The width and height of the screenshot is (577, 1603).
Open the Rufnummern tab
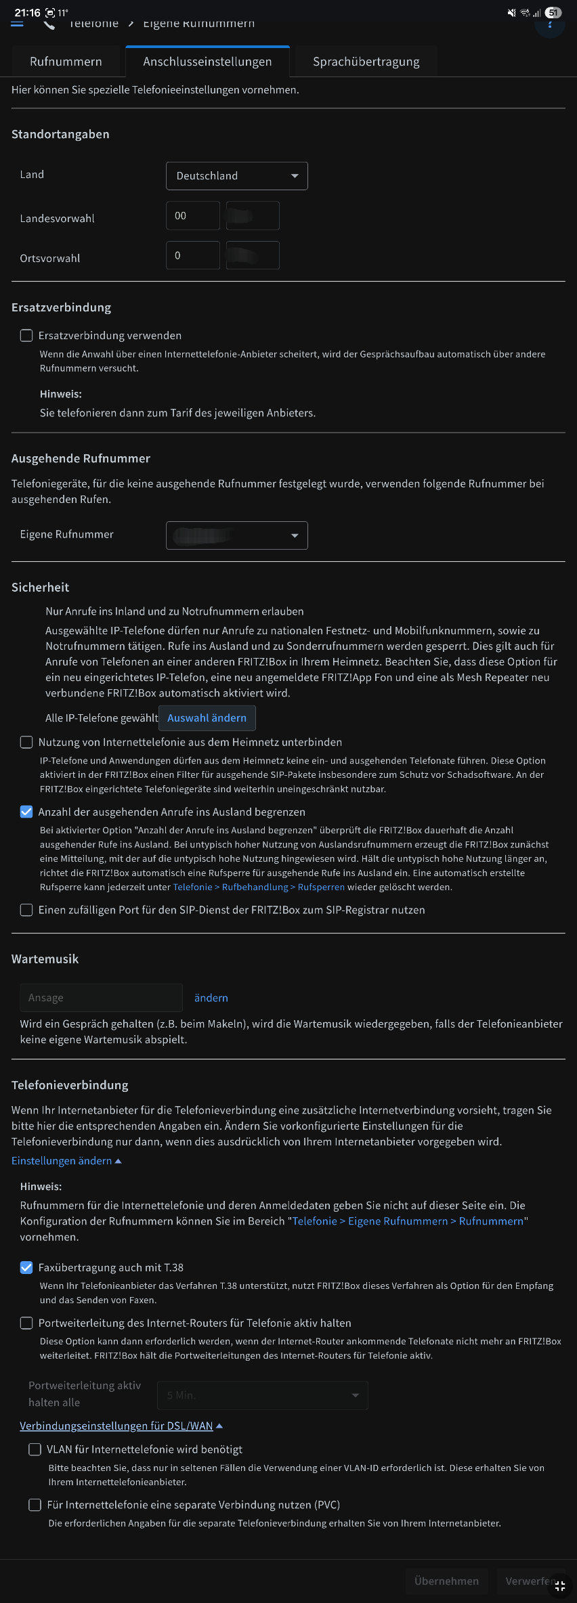point(66,62)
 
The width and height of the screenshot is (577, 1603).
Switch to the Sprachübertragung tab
point(366,62)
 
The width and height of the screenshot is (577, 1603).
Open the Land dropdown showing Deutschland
point(236,176)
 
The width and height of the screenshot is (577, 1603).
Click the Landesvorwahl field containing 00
point(192,216)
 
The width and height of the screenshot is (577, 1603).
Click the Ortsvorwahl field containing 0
point(192,256)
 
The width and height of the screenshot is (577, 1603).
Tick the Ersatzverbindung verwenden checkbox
point(26,336)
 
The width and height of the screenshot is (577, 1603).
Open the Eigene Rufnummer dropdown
point(236,535)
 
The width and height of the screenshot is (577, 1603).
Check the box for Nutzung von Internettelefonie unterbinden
point(26,743)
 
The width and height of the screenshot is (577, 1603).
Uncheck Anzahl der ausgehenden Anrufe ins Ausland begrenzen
point(26,812)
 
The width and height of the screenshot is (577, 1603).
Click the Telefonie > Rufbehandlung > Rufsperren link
point(259,887)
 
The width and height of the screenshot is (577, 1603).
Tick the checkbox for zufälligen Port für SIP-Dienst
point(26,910)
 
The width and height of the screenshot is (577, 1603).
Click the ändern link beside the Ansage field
point(211,998)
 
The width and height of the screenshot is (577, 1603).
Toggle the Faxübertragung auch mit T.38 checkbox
point(26,1267)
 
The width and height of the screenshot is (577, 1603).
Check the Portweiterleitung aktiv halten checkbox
point(26,1323)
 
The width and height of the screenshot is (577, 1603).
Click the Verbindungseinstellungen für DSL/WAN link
point(116,1426)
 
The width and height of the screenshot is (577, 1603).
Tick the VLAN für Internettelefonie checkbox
point(35,1449)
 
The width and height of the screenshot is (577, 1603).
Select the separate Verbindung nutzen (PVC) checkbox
point(35,1505)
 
